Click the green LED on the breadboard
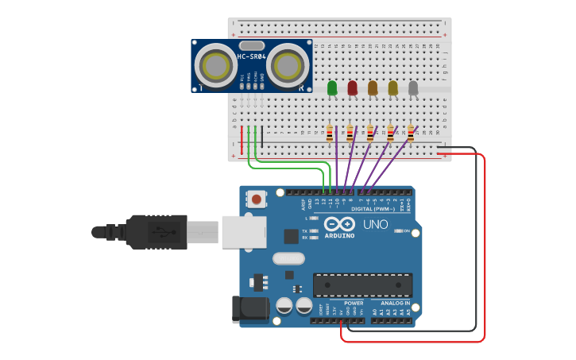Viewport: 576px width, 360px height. pos(331,87)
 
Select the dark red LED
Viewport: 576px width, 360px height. pos(352,87)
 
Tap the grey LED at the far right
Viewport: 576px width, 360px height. pos(413,87)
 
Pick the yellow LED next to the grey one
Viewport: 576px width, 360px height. pos(392,87)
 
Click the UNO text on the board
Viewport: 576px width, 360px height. pos(375,224)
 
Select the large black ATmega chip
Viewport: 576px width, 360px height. pos(362,285)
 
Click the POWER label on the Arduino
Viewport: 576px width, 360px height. pos(354,304)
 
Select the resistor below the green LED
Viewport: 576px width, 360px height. pos(330,134)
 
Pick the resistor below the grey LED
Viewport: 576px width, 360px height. pos(411,134)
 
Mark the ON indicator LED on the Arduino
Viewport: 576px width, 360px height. pos(397,231)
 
